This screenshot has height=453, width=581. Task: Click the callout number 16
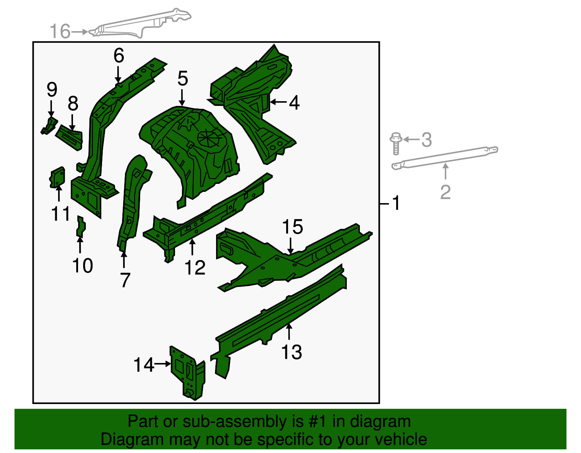click(60, 31)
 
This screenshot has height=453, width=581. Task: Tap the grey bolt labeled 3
click(396, 143)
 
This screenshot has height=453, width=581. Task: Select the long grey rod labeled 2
click(444, 158)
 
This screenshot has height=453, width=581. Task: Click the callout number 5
click(183, 78)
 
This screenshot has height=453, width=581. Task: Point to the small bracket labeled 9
click(49, 125)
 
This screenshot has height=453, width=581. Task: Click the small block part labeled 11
click(57, 177)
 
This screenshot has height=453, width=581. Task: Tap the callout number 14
click(144, 365)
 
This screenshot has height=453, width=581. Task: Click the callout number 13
click(292, 352)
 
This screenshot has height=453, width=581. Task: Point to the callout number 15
click(293, 227)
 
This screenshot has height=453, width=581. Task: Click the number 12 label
click(195, 267)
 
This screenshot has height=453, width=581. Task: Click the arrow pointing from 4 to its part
click(278, 102)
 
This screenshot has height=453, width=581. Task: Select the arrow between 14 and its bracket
click(163, 363)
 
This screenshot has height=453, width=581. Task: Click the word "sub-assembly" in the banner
click(243, 421)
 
